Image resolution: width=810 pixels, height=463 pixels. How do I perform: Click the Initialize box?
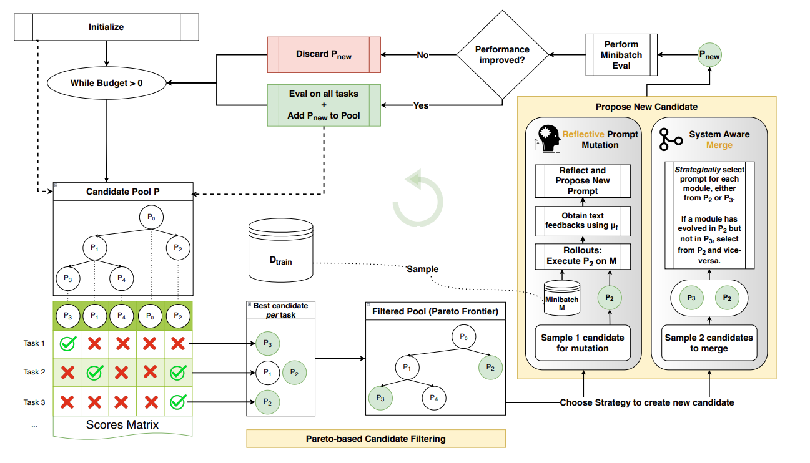click(x=106, y=27)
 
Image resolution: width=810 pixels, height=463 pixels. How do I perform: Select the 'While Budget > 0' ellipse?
click(x=107, y=82)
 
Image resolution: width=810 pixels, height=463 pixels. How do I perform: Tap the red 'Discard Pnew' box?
click(x=324, y=54)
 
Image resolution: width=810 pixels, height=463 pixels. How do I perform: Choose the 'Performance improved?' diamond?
click(x=502, y=55)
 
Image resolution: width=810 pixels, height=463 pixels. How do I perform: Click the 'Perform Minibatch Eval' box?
click(x=621, y=55)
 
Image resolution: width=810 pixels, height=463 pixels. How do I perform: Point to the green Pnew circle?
click(x=709, y=56)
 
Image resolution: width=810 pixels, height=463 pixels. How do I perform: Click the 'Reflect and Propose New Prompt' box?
click(x=582, y=181)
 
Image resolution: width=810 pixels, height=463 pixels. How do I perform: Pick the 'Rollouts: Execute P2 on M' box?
click(x=582, y=255)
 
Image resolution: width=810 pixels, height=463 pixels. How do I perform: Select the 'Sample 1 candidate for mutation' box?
click(x=582, y=343)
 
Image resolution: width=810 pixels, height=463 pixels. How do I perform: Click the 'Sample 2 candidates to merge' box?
click(x=709, y=343)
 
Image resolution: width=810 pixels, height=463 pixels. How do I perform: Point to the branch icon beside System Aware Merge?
click(x=671, y=140)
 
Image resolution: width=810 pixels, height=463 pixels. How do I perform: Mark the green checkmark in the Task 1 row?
click(x=67, y=343)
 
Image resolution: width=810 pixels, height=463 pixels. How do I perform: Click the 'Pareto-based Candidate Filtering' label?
click(x=375, y=439)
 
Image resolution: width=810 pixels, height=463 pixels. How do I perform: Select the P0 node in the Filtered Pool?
click(x=463, y=338)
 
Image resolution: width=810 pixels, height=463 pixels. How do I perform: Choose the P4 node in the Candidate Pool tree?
click(x=121, y=278)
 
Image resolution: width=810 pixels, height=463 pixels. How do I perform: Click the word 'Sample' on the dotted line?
click(x=422, y=269)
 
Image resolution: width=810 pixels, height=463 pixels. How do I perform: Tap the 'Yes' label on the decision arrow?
click(x=421, y=105)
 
